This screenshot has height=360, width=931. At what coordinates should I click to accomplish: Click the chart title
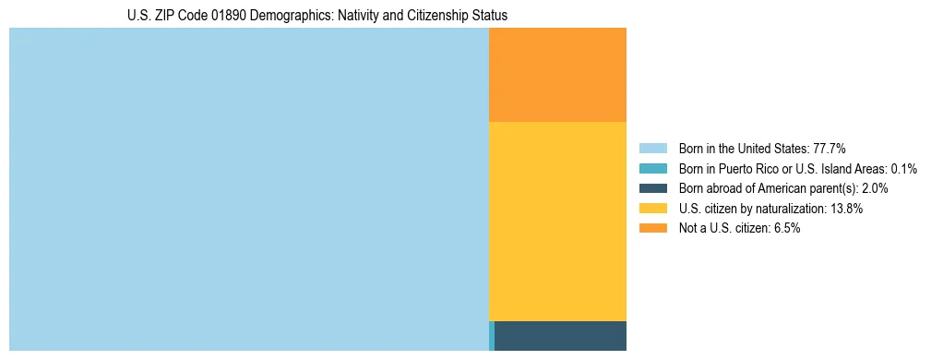tap(317, 16)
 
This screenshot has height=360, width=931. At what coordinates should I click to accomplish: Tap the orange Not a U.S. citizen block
tap(557, 75)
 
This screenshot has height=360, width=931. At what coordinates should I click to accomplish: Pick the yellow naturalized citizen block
tap(557, 222)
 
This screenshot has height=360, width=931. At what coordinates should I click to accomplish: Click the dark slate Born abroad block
tap(560, 336)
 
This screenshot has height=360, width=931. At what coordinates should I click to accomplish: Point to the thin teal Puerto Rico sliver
tap(492, 336)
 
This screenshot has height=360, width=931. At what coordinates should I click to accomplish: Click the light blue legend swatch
tap(652, 149)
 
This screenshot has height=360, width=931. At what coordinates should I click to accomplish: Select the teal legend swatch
tap(652, 169)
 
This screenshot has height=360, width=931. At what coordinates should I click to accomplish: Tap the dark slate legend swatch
tap(652, 188)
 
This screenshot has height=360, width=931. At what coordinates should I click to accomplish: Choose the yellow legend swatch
tap(652, 209)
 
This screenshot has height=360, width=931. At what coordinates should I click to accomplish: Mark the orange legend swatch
tap(652, 228)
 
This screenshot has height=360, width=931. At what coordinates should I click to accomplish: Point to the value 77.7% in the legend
tap(830, 149)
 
